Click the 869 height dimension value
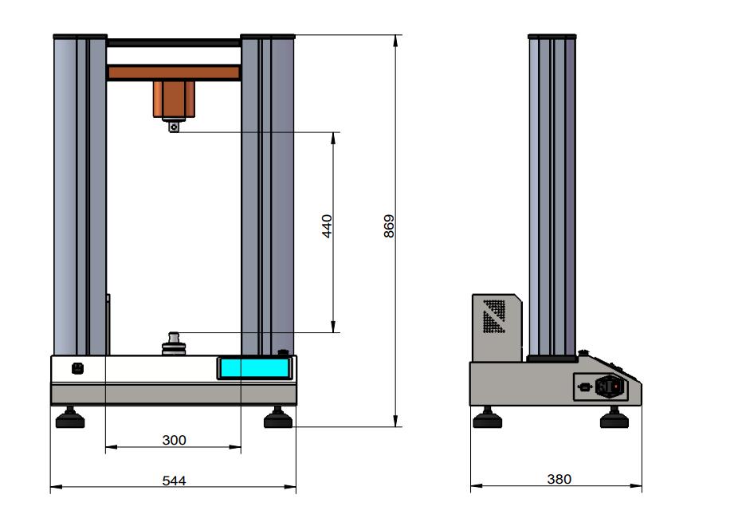coord(389,226)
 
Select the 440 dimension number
coord(327,226)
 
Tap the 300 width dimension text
coord(175,440)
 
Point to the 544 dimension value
coord(175,481)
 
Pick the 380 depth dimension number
coord(559,479)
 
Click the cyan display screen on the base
coord(254,368)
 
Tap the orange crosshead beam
coord(175,73)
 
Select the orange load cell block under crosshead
coord(174,99)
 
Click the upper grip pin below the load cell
coord(174,126)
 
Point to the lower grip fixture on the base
coord(174,343)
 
